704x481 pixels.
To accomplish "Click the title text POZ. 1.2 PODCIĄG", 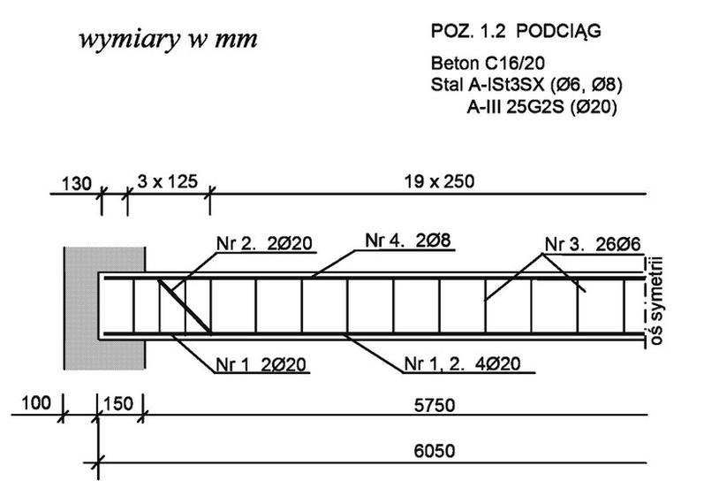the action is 516,32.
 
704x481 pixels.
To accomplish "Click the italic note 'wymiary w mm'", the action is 169,40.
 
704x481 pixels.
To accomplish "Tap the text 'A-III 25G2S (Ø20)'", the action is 542,107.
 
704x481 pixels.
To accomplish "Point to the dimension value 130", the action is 76,184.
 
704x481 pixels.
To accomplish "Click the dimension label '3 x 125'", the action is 168,181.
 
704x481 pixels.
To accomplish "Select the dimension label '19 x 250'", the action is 439,181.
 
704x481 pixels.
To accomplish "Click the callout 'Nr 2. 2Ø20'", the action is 264,243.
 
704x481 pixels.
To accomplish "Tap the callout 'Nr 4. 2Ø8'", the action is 408,240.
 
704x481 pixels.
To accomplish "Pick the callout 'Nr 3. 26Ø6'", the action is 593,245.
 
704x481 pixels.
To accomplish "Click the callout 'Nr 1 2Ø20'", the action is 261,364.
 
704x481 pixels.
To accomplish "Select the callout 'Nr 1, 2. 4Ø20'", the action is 463,363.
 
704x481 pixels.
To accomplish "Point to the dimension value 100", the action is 36,403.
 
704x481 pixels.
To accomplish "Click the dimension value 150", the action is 118,404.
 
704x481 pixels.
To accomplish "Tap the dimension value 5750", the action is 435,405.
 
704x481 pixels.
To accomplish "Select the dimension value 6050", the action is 435,451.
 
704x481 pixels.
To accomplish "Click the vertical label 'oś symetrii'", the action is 656,301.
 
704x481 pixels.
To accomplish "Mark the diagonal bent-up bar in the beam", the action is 184,306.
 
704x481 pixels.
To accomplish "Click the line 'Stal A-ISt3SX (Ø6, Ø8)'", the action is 526,85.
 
